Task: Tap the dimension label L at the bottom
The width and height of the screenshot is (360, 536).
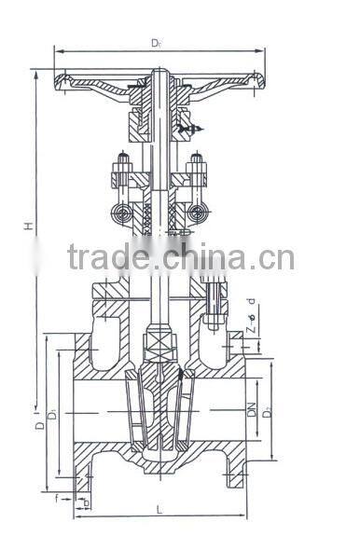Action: click(x=159, y=508)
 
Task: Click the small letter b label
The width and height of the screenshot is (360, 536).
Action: click(x=87, y=504)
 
